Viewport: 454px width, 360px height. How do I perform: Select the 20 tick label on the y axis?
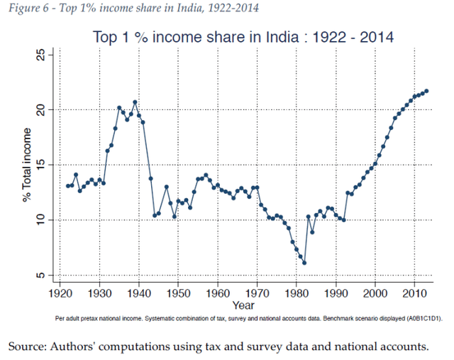coord(42,109)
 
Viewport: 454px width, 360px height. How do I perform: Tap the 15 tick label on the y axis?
coord(42,165)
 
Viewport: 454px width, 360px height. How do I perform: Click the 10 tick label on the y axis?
coord(42,220)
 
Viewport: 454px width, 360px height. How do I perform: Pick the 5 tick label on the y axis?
coord(42,276)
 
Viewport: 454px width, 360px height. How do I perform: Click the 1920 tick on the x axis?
coord(60,293)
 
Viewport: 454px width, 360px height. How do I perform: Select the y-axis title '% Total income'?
coord(26,165)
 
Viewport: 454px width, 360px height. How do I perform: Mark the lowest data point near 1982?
coord(304,263)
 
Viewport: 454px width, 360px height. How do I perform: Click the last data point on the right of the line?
coord(426,91)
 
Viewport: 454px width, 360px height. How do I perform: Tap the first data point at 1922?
coord(68,186)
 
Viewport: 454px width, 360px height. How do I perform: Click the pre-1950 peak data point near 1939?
coord(135,102)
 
